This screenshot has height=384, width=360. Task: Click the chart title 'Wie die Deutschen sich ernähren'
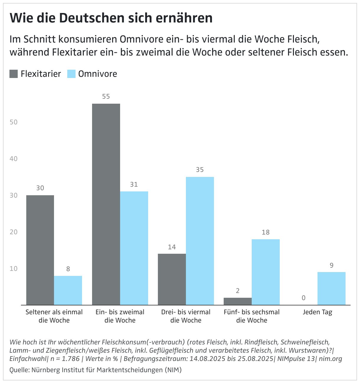coord(111,18)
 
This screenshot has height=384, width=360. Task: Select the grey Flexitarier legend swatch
coord(14,74)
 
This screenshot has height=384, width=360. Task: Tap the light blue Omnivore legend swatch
coord(71,74)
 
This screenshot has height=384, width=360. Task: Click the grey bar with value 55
coord(106,204)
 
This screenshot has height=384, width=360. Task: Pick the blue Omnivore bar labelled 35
coord(200,241)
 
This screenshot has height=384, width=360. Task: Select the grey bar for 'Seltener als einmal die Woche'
coord(40,250)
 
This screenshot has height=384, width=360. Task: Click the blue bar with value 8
coord(68,290)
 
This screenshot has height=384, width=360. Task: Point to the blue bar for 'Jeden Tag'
coord(331,288)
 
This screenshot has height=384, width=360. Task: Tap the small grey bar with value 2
coord(238,301)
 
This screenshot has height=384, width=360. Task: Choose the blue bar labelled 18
coord(266,272)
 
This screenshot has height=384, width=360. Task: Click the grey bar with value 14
coord(172,279)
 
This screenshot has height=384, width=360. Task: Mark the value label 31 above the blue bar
coord(134,185)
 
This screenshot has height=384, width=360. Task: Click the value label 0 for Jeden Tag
coord(304,298)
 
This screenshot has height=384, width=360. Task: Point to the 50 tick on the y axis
coord(14,122)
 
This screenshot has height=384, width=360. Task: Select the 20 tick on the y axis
coord(14,232)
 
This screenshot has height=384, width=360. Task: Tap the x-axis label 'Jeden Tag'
coord(318,312)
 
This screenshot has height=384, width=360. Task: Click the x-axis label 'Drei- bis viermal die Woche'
coord(186,316)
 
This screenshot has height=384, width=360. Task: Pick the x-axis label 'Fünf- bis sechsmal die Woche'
coord(251,316)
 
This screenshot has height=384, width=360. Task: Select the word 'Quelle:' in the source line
coord(19,370)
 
